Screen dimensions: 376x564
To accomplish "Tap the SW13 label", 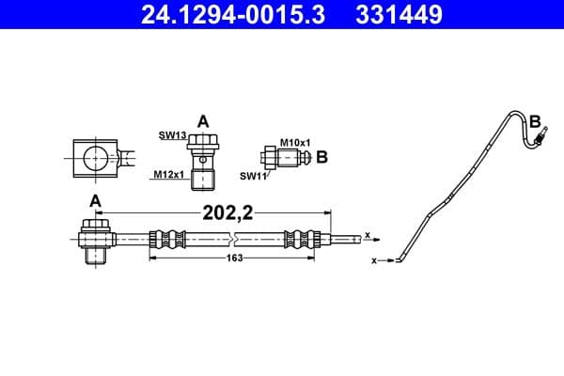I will [x=171, y=136].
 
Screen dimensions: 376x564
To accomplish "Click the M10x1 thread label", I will [x=294, y=142].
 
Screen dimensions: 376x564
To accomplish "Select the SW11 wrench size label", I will [x=253, y=175].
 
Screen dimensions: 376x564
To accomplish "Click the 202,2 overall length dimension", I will [x=227, y=212].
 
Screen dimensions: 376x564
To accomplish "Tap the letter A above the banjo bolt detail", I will [x=202, y=120].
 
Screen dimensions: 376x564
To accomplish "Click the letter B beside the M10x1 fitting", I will [x=321, y=157].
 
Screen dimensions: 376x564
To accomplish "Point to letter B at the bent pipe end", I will [x=535, y=121].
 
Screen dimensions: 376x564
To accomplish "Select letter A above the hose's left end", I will [x=94, y=200].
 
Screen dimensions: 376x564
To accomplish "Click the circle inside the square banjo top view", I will [x=94, y=157].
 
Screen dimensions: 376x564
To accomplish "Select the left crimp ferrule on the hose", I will [x=163, y=239].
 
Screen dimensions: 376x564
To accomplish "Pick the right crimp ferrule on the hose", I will [x=314, y=239].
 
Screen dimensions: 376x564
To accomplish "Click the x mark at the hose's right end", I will [x=367, y=235].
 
